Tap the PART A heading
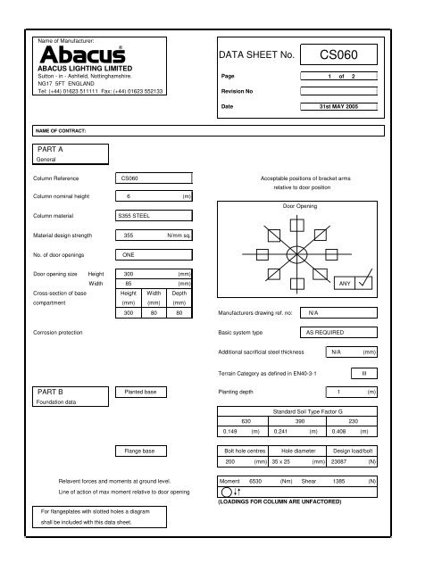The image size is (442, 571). click(49, 149)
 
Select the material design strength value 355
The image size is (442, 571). click(128, 236)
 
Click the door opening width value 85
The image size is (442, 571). click(128, 284)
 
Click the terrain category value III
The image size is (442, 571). click(364, 373)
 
